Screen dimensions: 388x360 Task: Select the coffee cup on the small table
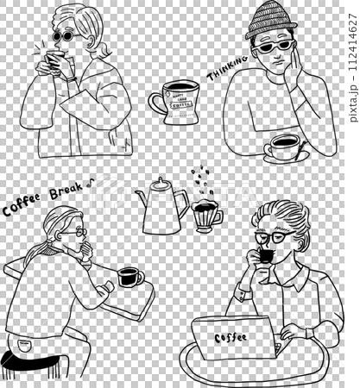(x=129, y=278)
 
